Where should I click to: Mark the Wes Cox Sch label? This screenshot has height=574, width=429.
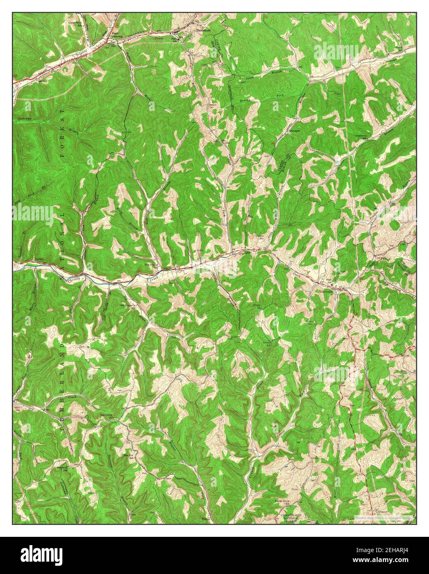pyautogui.click(x=129, y=455)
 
